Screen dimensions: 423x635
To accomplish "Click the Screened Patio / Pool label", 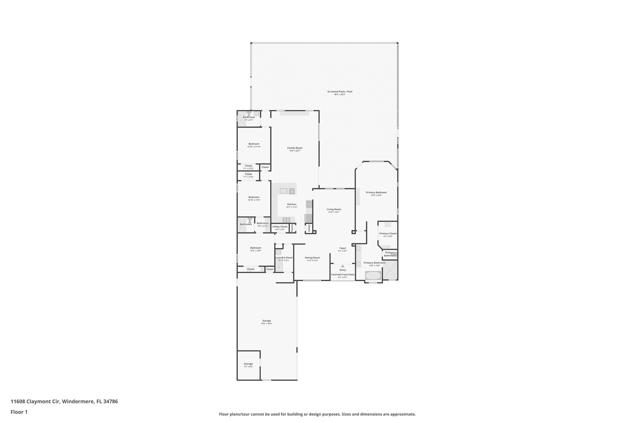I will [340, 92].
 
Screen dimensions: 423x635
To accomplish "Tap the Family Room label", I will [295, 148].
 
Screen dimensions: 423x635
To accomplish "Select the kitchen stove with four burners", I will [286, 220].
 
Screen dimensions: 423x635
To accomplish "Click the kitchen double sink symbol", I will [283, 191].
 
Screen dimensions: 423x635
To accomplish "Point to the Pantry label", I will [292, 228].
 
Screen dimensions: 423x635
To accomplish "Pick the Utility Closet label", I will [280, 227].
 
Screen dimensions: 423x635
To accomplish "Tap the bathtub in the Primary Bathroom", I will [373, 275].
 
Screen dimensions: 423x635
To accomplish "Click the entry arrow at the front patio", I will [342, 266].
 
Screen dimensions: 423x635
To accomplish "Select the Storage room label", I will [248, 364].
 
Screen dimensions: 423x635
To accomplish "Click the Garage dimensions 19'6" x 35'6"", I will [266, 324].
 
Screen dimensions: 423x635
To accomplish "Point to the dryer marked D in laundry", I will [279, 267].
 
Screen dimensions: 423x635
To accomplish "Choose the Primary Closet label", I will [388, 234].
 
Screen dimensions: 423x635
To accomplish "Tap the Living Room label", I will [334, 209].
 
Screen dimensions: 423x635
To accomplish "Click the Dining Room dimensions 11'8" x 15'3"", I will [312, 261].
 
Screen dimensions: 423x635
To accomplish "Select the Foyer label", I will [342, 248].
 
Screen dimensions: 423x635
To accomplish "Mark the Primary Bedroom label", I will [376, 192].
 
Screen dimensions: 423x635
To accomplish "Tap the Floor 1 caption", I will [19, 412].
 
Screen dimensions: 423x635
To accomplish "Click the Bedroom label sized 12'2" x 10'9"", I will [255, 248].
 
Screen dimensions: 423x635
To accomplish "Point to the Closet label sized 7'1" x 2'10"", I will [248, 174].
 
